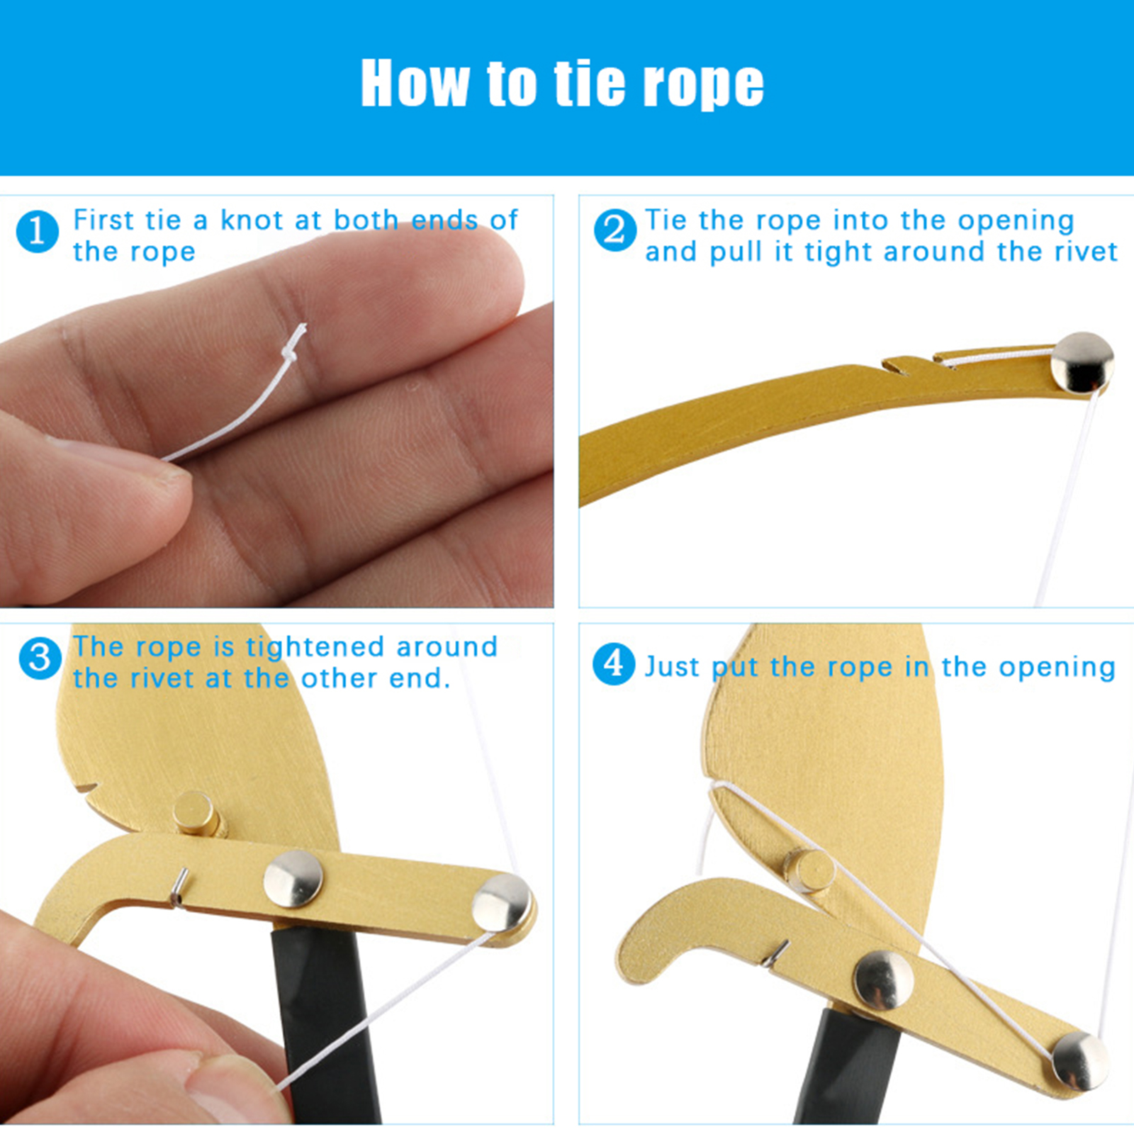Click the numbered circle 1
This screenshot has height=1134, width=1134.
click(37, 231)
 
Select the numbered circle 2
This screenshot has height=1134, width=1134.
click(614, 230)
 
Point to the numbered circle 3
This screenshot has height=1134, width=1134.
click(40, 658)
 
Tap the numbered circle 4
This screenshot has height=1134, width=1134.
click(614, 664)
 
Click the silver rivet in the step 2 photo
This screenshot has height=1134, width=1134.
click(1082, 362)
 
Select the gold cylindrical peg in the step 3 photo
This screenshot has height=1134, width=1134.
click(196, 814)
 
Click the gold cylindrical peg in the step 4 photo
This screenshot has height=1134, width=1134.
click(808, 870)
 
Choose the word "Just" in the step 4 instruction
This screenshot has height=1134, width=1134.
click(672, 667)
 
